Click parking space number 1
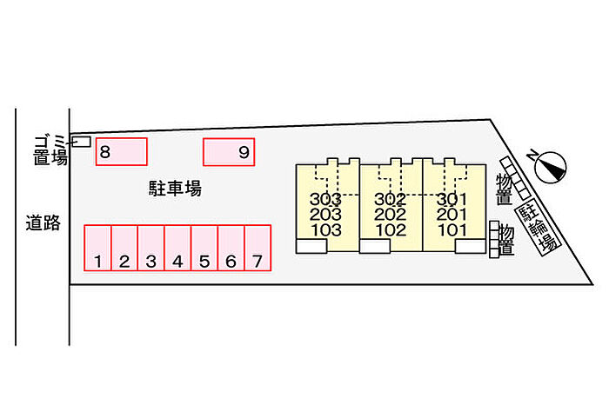[97, 248]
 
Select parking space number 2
[124, 248]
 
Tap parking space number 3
[151, 248]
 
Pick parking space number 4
[177, 248]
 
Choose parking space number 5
[204, 248]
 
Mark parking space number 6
[231, 248]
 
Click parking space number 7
[258, 248]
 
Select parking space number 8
[122, 152]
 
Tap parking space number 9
[229, 152]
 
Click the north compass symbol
[551, 167]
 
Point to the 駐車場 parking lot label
[175, 189]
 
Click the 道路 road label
[43, 223]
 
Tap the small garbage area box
[82, 142]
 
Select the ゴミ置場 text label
[50, 150]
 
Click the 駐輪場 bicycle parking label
[539, 228]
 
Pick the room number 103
[326, 230]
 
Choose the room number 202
[391, 214]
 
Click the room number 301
[452, 199]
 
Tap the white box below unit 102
[375, 246]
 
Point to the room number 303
[325, 199]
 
